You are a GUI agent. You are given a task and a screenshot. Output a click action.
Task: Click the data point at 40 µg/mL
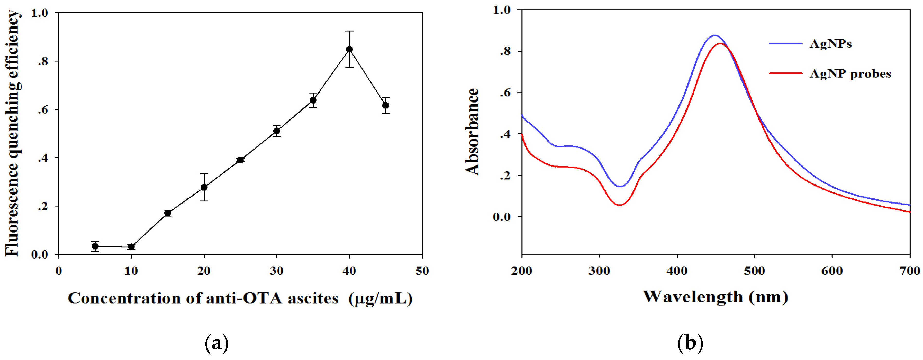click(x=349, y=49)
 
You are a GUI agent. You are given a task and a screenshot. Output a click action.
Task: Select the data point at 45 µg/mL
click(x=386, y=105)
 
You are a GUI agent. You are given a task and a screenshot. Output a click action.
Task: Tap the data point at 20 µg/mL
click(x=204, y=187)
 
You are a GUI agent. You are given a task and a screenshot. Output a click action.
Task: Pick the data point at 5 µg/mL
click(x=95, y=246)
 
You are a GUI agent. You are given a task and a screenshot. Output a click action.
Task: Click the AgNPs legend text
click(x=830, y=44)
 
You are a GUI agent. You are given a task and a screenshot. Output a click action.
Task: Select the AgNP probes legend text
click(x=850, y=74)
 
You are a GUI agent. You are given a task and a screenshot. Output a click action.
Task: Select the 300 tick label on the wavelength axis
click(x=599, y=271)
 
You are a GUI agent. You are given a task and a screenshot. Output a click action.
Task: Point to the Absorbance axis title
click(x=472, y=132)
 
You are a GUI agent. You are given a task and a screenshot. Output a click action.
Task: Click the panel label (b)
click(x=690, y=343)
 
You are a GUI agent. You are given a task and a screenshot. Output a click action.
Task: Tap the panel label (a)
click(x=216, y=343)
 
